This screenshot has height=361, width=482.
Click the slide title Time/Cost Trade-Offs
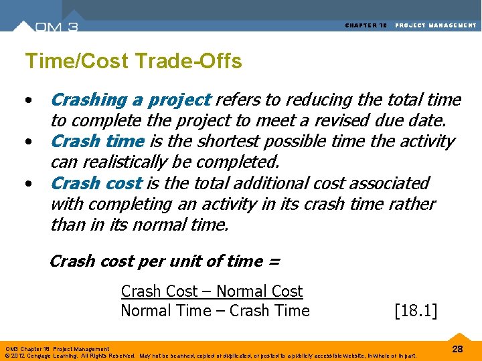pyautogui.click(x=133, y=62)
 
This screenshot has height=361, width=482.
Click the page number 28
pyautogui.click(x=457, y=349)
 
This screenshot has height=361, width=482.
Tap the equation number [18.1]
pyautogui.click(x=416, y=311)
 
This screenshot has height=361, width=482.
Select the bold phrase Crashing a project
pyautogui.click(x=131, y=100)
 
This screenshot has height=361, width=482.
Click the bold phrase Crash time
pyautogui.click(x=97, y=142)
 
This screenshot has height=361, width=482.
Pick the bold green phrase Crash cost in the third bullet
pyautogui.click(x=96, y=183)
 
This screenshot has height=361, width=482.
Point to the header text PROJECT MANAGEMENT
pyautogui.click(x=436, y=25)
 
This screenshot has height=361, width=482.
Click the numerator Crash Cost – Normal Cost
pyautogui.click(x=212, y=291)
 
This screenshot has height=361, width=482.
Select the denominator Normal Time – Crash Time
pyautogui.click(x=215, y=311)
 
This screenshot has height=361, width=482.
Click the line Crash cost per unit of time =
pyautogui.click(x=165, y=261)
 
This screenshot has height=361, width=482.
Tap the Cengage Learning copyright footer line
pyautogui.click(x=212, y=355)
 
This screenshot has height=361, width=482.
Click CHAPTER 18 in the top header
pyautogui.click(x=366, y=25)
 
